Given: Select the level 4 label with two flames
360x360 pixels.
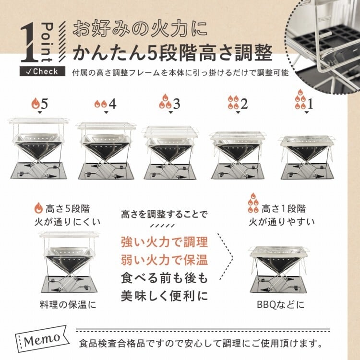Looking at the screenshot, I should pyautogui.click(x=106, y=103).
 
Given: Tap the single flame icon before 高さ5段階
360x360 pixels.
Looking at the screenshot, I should pyautogui.click(x=38, y=209).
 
